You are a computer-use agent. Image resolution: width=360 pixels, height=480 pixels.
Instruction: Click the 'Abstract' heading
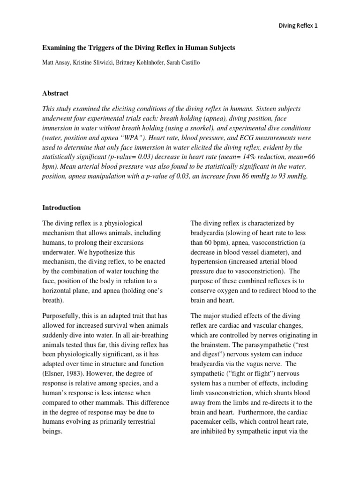point(55,93)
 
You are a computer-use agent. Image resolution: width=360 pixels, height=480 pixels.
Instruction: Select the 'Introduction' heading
point(62,208)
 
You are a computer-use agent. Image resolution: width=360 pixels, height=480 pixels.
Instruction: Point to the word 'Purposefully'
point(60,316)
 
